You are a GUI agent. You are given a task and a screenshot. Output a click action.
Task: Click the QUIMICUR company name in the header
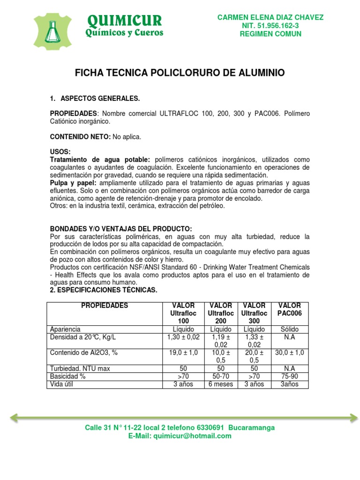click(x=124, y=20)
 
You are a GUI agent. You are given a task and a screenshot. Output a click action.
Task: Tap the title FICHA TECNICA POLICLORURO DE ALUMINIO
click(x=180, y=73)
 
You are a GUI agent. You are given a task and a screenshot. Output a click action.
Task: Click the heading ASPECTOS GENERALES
click(x=100, y=98)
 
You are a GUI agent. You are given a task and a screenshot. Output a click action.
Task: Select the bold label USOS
click(x=60, y=152)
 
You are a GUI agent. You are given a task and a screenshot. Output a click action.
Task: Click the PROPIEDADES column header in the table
click(x=105, y=306)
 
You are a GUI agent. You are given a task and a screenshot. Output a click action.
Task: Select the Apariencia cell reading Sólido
click(x=290, y=330)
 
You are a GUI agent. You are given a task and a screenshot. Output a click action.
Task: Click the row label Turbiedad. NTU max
click(x=80, y=368)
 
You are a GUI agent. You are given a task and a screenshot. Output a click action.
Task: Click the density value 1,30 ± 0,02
click(x=183, y=337)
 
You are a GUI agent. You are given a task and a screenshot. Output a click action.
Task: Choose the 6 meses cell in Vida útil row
click(x=221, y=384)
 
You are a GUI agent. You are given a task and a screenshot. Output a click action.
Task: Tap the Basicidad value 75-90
click(x=290, y=376)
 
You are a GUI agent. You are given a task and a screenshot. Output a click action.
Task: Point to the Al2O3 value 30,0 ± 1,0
click(x=290, y=352)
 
